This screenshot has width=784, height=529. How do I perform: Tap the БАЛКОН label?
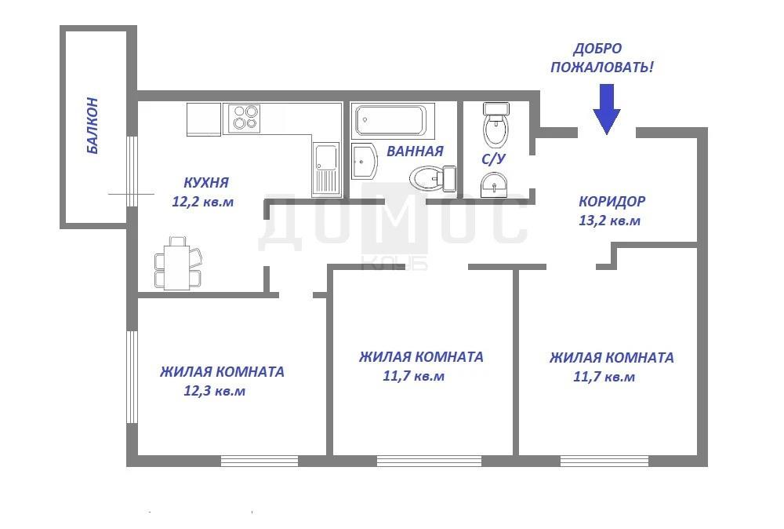pos(92,125)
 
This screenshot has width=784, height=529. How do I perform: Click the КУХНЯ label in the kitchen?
pos(206,182)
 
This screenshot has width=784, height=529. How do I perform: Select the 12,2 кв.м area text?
pos(202,202)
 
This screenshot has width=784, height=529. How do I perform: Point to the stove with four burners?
pos(244,118)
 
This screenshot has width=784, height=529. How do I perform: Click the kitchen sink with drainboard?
pos(326,170)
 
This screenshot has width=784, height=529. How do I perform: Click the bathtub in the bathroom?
pos(390,120)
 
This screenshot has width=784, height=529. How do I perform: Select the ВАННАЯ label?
pos(415,151)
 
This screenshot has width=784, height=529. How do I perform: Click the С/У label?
pos(493,159)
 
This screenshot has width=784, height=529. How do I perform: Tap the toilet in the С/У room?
pos(496,124)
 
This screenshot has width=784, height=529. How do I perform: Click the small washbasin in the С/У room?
pos(494,185)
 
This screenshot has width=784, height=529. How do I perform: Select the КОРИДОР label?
pos(612,201)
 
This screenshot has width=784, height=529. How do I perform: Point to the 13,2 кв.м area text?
pos(609,221)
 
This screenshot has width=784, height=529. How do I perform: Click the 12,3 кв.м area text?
pos(215,390)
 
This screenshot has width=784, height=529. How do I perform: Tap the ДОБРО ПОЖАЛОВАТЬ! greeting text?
pos(602,57)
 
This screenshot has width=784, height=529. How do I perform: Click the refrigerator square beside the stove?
pos(204,119)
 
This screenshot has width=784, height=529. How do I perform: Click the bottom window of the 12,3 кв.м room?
pos(260,461)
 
